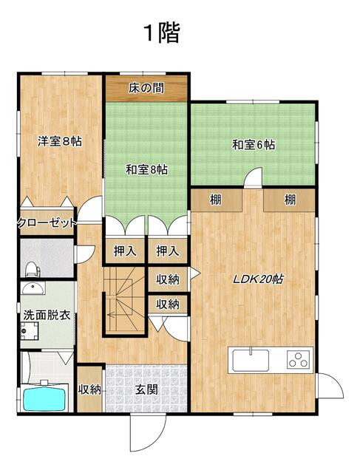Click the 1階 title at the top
click(163, 33)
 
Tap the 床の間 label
click(146, 88)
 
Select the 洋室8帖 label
click(60, 141)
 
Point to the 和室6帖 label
click(254, 145)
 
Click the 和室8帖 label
click(146, 169)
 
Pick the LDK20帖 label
click(258, 279)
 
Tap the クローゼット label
click(47, 223)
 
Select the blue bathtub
click(44, 400)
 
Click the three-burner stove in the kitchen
click(299, 360)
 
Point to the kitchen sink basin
click(251, 360)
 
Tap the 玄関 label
click(146, 390)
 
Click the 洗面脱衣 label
click(47, 316)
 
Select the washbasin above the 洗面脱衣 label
click(33, 288)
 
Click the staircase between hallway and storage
click(125, 301)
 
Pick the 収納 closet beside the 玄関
click(89, 389)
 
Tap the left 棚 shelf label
click(215, 200)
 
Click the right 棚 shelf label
click(290, 200)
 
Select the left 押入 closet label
click(125, 251)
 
